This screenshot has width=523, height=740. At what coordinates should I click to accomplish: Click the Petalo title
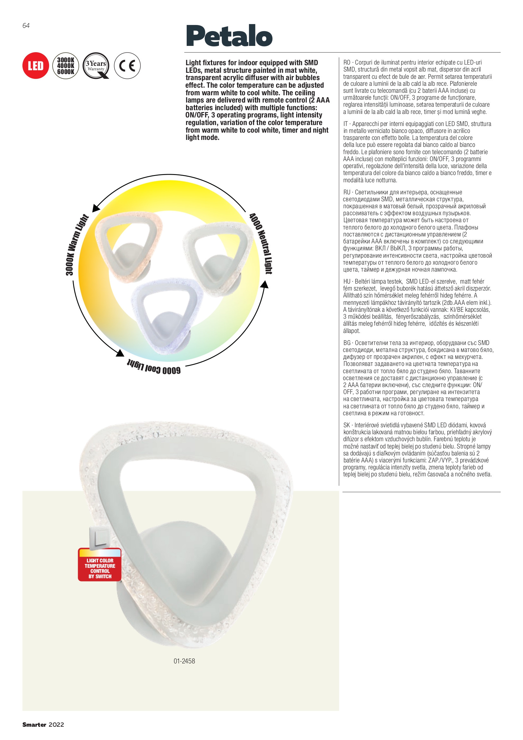pos(229,36)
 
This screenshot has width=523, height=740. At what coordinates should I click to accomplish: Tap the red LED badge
pos(35,66)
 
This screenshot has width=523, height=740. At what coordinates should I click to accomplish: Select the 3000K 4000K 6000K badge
pos(65,66)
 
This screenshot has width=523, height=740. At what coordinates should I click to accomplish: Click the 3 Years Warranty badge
pos(96,66)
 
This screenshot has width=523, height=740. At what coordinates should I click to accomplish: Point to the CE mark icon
pos(127,66)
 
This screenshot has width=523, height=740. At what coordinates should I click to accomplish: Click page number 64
pos(26,26)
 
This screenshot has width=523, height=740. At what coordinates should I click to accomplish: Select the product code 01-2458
pos(184,661)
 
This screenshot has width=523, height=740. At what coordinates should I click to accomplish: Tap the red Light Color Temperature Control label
pos(100,568)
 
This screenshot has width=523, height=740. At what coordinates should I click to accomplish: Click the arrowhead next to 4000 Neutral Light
pos(265,284)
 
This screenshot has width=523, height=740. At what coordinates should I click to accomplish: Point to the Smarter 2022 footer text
pos(43,724)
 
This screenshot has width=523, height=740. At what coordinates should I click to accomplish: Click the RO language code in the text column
pos(346,63)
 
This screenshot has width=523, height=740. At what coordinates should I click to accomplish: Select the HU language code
pos(347,281)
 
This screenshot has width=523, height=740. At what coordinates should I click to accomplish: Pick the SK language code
pos(347,425)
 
